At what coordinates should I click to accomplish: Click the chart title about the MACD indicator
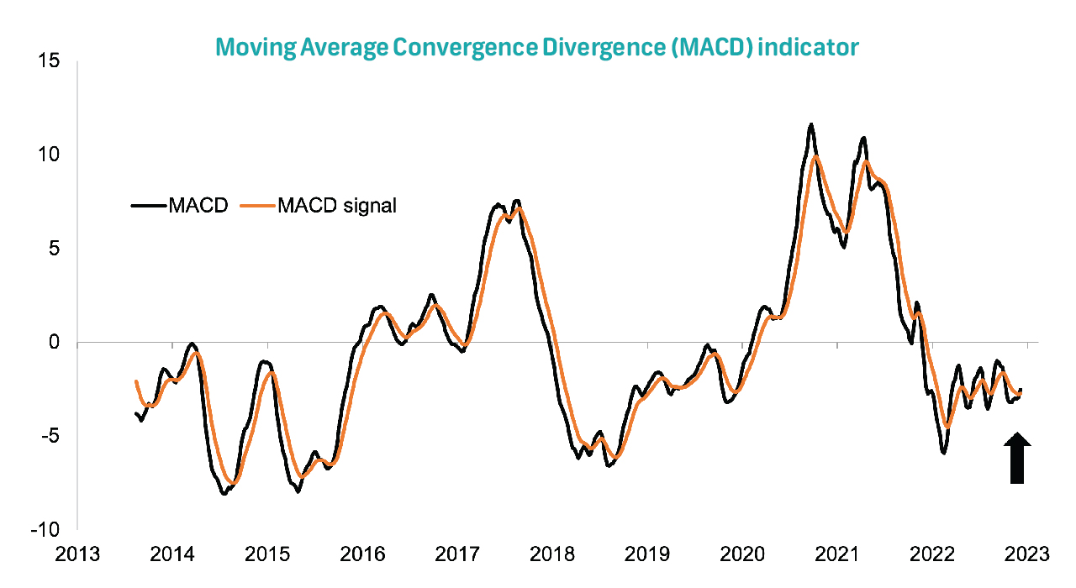coord(537,46)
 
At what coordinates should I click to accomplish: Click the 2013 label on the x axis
coord(76,554)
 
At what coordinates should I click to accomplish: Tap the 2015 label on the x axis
coord(267,554)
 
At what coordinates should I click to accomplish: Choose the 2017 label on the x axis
coord(457,554)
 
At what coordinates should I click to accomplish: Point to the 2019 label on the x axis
coord(647,554)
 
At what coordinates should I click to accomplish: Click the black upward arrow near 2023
coord(1017,459)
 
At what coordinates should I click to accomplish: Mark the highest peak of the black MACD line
coord(810,124)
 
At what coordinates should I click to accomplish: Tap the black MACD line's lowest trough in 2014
coord(224,494)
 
